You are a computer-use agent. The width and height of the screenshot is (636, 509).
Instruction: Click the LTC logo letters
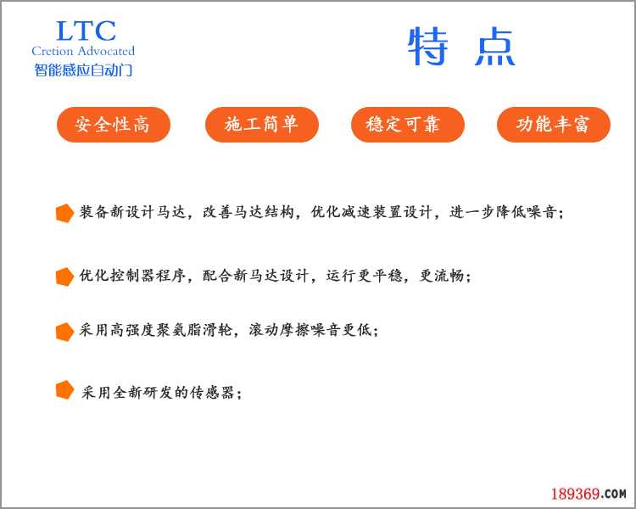click(x=85, y=31)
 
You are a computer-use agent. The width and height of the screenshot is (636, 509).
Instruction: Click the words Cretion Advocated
click(x=83, y=52)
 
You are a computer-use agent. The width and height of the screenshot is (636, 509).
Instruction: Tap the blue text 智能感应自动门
click(x=83, y=70)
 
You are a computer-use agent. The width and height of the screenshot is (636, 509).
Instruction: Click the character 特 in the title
click(x=427, y=48)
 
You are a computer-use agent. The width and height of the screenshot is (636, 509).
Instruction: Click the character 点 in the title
click(x=494, y=48)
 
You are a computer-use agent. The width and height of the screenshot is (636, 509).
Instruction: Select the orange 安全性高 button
click(x=113, y=125)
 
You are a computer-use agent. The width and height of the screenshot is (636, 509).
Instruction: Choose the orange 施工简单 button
click(x=262, y=125)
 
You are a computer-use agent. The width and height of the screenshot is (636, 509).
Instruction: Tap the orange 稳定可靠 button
click(x=408, y=125)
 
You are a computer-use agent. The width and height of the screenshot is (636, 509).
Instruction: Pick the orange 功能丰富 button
click(x=553, y=125)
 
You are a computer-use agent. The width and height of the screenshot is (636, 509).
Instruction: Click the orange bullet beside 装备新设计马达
click(x=64, y=214)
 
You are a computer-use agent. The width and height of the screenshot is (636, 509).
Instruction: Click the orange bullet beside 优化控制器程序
click(x=64, y=277)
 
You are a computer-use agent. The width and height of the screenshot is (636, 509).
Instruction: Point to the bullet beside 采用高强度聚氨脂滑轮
click(x=64, y=332)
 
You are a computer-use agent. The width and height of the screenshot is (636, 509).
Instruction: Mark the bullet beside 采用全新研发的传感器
click(x=64, y=390)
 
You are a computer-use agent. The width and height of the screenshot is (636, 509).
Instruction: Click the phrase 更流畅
click(x=442, y=276)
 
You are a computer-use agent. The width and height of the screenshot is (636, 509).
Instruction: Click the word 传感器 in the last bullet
click(x=216, y=393)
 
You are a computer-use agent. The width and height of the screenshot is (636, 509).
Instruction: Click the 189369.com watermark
click(x=588, y=493)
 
